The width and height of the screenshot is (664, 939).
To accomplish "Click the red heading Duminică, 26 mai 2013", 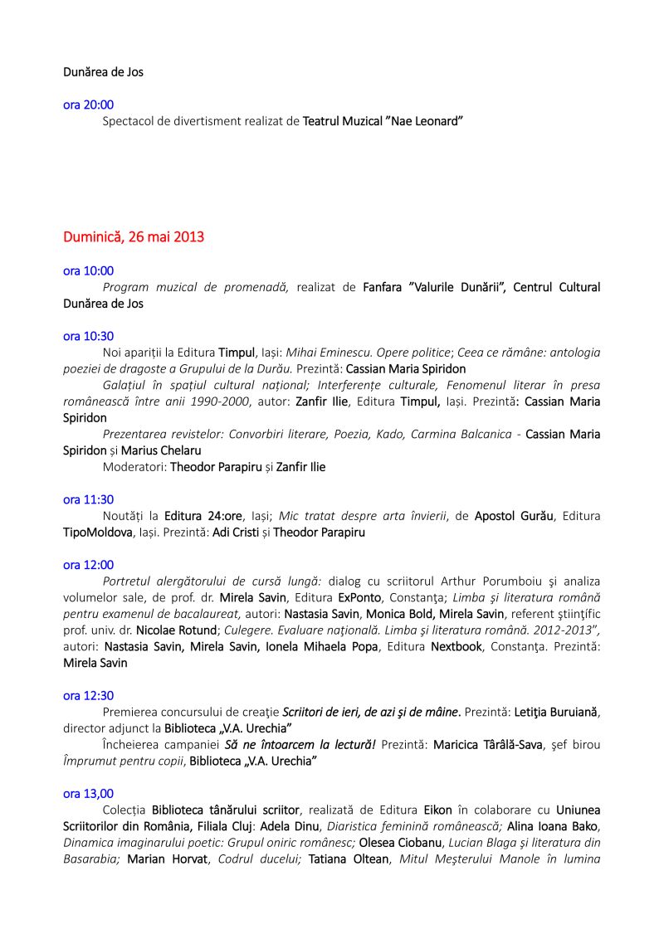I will [x=134, y=237].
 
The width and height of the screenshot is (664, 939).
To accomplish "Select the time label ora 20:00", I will [x=89, y=105].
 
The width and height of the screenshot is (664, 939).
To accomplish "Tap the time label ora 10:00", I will [x=89, y=270].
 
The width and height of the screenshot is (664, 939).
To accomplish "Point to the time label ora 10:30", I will [x=89, y=336].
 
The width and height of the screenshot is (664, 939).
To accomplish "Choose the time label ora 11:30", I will [x=89, y=499].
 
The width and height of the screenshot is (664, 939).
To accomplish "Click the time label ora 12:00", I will [x=89, y=565].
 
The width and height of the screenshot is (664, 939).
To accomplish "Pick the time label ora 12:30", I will [x=89, y=696].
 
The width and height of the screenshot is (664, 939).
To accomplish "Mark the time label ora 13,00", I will [x=89, y=794].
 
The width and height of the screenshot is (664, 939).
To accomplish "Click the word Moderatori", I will [x=133, y=467].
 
